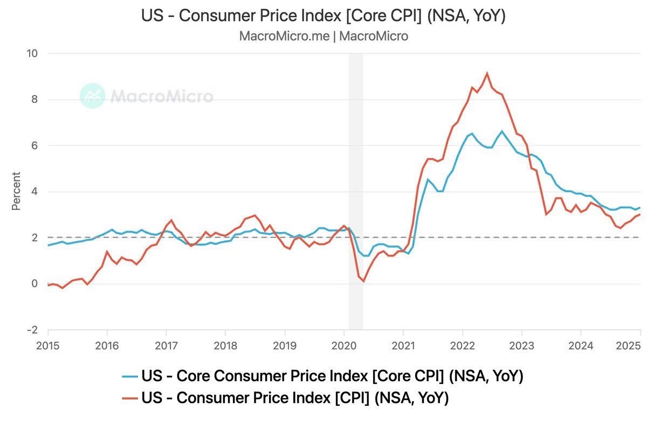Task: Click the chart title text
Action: [323, 16]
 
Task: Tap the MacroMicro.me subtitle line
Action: [323, 36]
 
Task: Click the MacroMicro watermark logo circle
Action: [92, 96]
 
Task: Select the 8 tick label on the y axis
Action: [35, 100]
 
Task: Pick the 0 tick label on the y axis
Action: [35, 284]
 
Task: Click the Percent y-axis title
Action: [16, 191]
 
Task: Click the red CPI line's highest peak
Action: [487, 73]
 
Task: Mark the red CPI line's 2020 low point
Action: [363, 281]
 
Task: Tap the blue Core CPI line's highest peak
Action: [502, 131]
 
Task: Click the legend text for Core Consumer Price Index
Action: [332, 376]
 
